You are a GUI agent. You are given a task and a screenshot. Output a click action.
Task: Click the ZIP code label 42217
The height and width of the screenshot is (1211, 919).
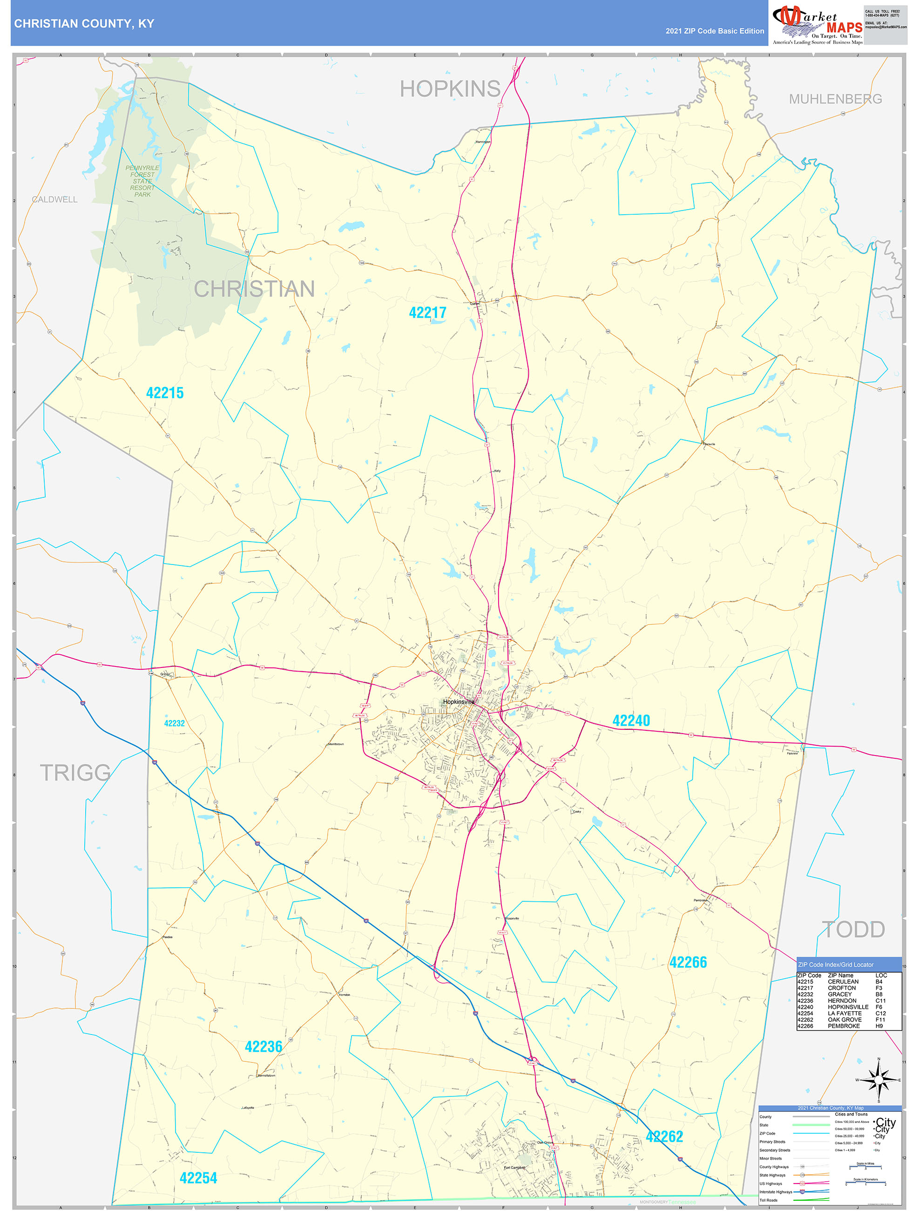pyautogui.click(x=427, y=313)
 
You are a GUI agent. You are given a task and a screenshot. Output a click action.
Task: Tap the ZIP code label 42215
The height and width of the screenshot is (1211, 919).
pyautogui.click(x=165, y=393)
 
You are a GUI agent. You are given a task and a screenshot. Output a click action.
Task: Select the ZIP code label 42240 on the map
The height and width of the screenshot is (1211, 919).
pyautogui.click(x=631, y=721)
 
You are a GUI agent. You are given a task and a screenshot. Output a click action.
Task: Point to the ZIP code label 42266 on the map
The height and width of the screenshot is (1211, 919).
pyautogui.click(x=688, y=962)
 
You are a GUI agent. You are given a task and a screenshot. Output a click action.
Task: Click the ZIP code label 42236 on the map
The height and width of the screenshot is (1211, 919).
pyautogui.click(x=264, y=1046)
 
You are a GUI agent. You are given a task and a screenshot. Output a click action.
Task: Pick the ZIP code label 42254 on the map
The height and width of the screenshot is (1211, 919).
pyautogui.click(x=198, y=1177)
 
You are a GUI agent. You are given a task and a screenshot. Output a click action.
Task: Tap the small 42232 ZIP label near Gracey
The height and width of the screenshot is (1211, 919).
pyautogui.click(x=175, y=723)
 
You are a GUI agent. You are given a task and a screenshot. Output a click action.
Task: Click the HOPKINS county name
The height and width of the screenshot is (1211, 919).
pyautogui.click(x=450, y=88)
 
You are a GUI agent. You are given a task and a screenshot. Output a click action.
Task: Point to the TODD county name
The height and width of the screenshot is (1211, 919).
pyautogui.click(x=853, y=929)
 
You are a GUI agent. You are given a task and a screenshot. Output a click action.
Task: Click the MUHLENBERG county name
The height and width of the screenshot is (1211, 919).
pyautogui.click(x=835, y=99)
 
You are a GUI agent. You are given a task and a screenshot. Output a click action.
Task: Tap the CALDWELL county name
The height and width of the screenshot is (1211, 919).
pyautogui.click(x=55, y=199)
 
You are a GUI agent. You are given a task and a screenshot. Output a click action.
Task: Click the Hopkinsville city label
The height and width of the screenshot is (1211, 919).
pyautogui.click(x=459, y=701)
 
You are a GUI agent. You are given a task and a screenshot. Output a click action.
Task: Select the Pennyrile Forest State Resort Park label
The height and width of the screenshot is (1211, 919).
pyautogui.click(x=142, y=181)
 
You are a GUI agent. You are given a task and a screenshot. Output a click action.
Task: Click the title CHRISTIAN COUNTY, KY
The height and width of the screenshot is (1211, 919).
pyautogui.click(x=84, y=24)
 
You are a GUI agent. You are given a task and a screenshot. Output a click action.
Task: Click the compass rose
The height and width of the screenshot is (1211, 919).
pyautogui.click(x=878, y=1080)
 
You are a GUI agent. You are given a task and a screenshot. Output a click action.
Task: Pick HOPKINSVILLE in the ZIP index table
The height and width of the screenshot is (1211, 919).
pyautogui.click(x=848, y=1007)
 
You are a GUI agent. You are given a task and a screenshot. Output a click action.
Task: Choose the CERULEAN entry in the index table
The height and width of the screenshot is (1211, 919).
pyautogui.click(x=843, y=982)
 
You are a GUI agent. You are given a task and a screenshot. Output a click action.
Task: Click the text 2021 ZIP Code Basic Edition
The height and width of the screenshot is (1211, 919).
pyautogui.click(x=714, y=31)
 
